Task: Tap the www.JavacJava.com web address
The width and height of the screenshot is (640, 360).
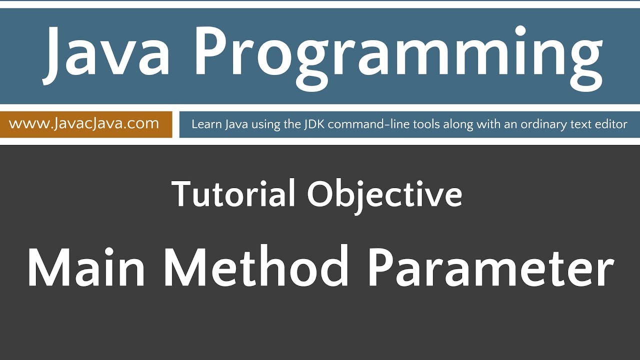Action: [x=84, y=123]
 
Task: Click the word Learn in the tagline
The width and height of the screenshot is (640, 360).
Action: [x=203, y=124]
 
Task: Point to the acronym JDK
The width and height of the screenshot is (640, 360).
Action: [x=314, y=124]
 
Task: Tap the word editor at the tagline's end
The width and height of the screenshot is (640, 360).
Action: [x=612, y=124]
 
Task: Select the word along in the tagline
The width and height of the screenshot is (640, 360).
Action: [x=453, y=124]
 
